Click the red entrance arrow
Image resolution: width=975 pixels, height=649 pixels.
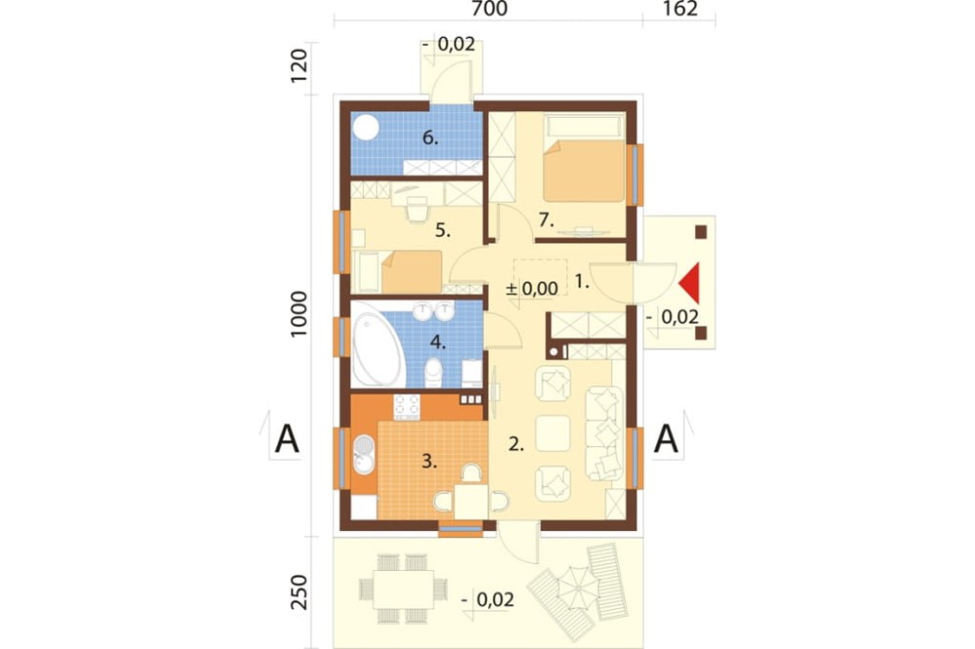click(x=691, y=283)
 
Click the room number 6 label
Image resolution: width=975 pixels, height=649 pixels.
click(x=430, y=137)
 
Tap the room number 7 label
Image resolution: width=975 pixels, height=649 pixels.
click(x=546, y=219)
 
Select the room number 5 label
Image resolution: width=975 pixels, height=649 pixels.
click(x=443, y=231)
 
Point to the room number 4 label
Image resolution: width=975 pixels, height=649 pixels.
click(x=438, y=342)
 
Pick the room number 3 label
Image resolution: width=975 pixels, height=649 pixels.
click(x=429, y=461)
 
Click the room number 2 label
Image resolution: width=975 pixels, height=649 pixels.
click(x=516, y=443)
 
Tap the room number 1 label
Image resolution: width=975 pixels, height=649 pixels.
click(x=581, y=282)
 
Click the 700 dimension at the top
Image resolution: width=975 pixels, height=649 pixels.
click(x=489, y=9)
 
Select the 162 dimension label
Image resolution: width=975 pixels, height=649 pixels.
click(x=681, y=9)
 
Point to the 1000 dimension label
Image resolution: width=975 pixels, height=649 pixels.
click(x=299, y=314)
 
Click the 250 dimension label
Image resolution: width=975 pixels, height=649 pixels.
click(x=299, y=592)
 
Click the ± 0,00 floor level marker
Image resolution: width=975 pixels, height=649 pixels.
click(x=531, y=288)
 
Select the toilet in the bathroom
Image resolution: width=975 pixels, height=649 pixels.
click(x=433, y=372)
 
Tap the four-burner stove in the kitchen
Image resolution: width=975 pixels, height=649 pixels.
click(x=407, y=407)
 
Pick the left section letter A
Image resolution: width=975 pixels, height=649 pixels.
click(x=287, y=439)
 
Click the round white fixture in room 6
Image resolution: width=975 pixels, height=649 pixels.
click(x=367, y=128)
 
